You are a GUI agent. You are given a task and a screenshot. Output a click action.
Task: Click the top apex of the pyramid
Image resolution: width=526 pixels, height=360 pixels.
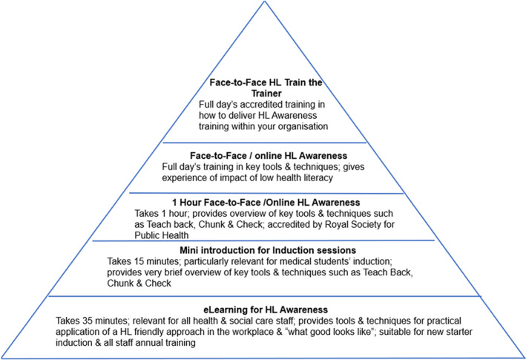265,2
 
